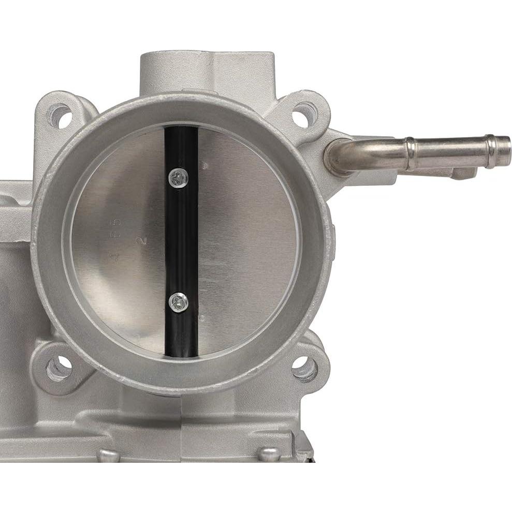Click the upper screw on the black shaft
point(178,179)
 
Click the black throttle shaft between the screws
point(181,241)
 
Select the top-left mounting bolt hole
point(59,115)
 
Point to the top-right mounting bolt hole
point(304,115)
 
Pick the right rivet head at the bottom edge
point(270,454)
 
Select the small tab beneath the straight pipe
point(463,173)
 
